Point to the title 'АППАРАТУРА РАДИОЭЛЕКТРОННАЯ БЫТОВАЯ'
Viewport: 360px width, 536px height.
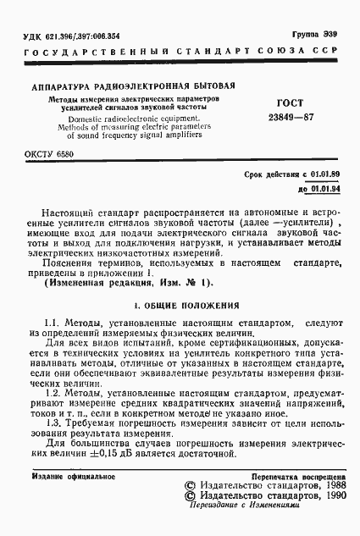pos(133,86)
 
